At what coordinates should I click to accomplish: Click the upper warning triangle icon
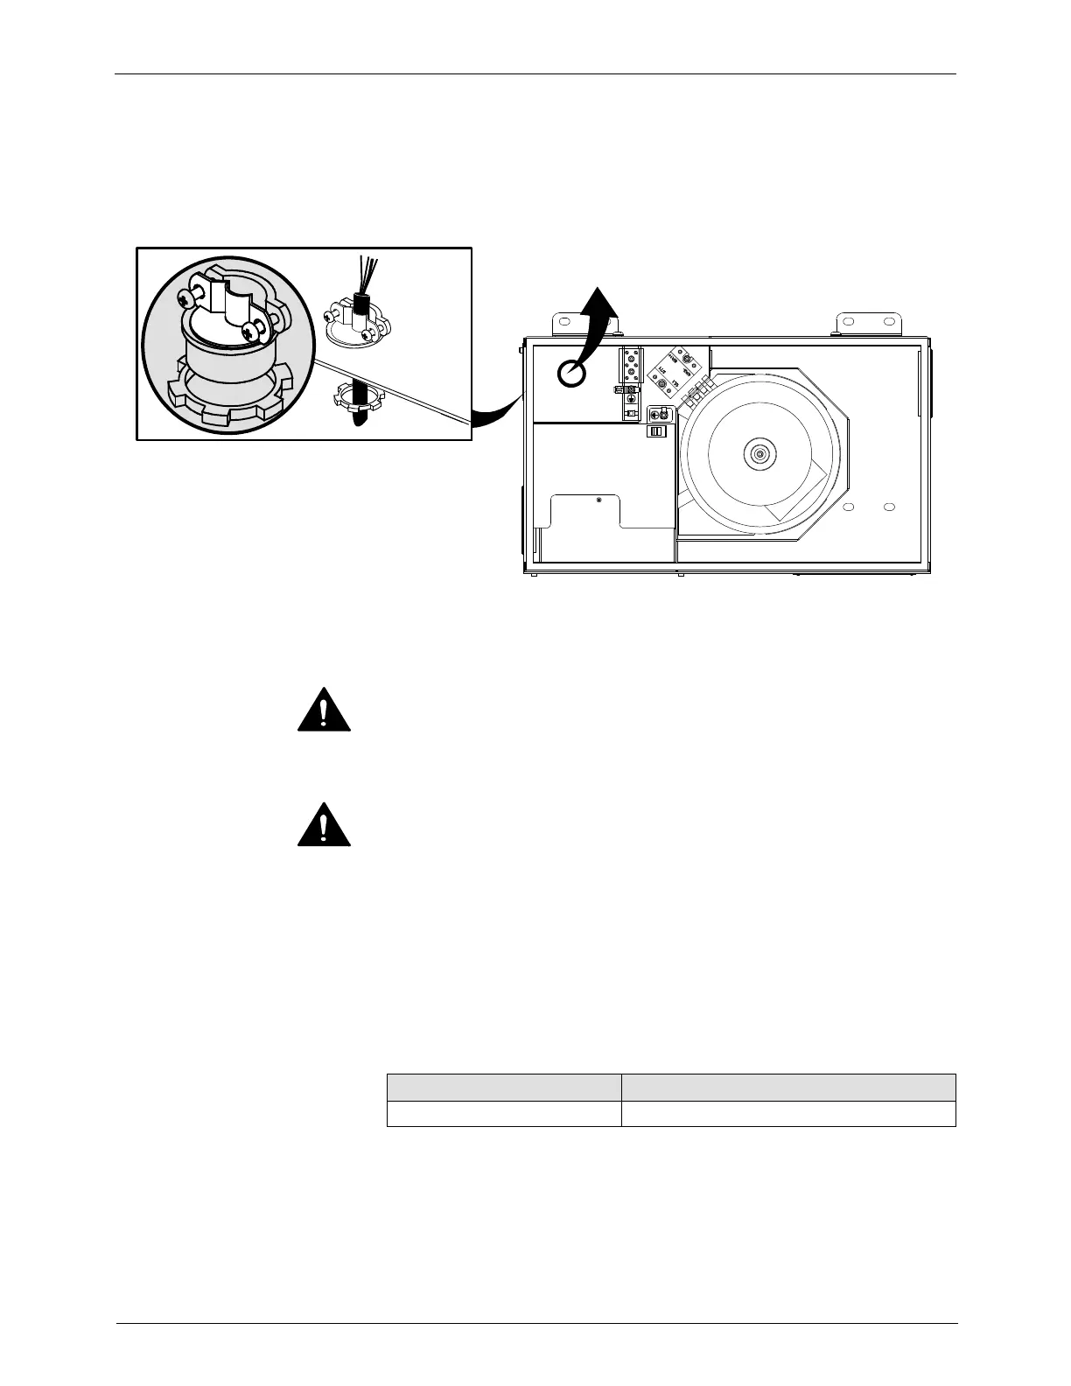click(x=324, y=710)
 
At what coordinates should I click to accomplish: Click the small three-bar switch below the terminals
click(x=655, y=430)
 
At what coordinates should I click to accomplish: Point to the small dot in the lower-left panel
click(x=598, y=500)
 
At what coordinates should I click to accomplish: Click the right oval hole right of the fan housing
click(x=889, y=507)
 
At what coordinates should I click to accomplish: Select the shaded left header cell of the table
click(x=504, y=1088)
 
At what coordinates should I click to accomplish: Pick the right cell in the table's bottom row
click(x=787, y=1113)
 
